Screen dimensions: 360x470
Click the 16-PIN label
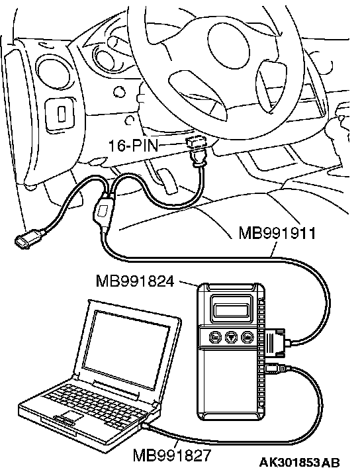[x=133, y=146]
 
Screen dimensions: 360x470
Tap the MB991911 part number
[x=277, y=233]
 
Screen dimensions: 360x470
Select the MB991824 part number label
[x=135, y=281]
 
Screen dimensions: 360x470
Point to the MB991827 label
[x=172, y=455]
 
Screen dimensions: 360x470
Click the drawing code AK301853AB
[x=300, y=462]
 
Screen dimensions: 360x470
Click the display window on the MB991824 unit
[x=231, y=308]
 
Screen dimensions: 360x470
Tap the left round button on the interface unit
[x=214, y=337]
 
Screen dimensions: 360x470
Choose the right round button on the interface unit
[x=247, y=337]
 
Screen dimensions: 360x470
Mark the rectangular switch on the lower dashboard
[x=61, y=114]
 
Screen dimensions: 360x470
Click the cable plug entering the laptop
[x=146, y=426]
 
